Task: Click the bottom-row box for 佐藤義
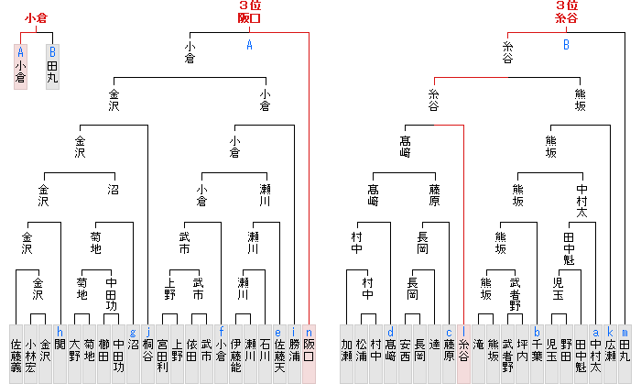16,353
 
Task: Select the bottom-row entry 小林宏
31,353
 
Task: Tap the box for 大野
75,353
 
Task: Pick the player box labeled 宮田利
163,353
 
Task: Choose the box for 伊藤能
236,353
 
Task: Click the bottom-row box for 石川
266,353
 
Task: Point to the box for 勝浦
295,353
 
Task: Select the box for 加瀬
347,353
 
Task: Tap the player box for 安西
406,353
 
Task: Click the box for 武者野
508,353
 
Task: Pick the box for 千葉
538,353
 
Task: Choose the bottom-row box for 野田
567,353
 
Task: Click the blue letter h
60,332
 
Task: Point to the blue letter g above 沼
134,332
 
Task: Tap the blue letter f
222,332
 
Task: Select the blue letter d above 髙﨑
391,332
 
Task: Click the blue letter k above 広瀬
611,332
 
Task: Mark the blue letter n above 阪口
310,332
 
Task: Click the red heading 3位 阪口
249,12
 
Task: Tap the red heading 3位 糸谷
566,12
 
